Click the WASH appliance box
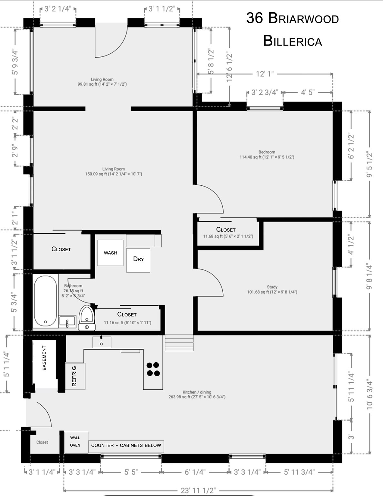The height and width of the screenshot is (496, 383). (110, 253)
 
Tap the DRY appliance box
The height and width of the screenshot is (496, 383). (138, 260)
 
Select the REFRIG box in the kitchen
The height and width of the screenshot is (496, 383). (75, 376)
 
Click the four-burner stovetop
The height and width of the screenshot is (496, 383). (153, 369)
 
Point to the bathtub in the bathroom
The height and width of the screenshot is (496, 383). (45, 301)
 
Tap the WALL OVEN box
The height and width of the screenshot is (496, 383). (76, 442)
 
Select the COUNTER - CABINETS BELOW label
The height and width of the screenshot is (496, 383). (126, 446)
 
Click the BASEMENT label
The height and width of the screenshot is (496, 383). (45, 358)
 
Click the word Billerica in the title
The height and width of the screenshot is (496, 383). (292, 41)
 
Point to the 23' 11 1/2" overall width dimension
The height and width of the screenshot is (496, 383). (198, 491)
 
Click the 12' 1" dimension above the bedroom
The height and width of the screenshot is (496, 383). (265, 74)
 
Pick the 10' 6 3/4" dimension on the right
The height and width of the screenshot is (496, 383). (370, 395)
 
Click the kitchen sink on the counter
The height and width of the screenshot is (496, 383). (102, 342)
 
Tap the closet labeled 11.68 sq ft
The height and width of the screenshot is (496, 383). (228, 232)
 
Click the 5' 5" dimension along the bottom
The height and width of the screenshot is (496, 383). (131, 472)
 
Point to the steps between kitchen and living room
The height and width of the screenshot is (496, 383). (179, 343)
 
